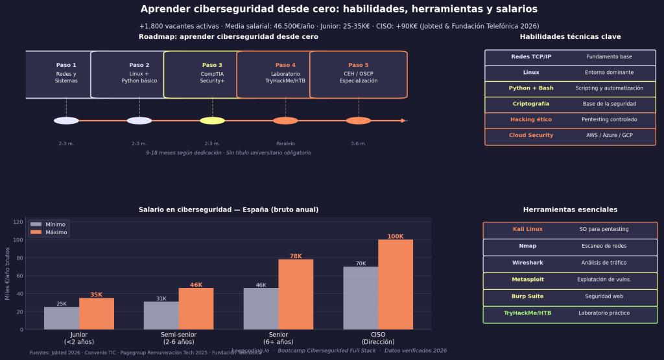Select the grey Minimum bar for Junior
(62, 318)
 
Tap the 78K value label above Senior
(296, 256)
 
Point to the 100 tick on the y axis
(19, 240)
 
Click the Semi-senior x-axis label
(178, 338)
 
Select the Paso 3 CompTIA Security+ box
(212, 75)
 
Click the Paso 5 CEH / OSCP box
(359, 75)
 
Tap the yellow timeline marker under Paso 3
(212, 121)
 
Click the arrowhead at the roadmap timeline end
(404, 121)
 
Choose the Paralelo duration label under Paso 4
(285, 143)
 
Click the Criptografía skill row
(570, 104)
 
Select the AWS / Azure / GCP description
(609, 135)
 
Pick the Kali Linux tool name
(527, 230)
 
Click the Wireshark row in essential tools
(570, 263)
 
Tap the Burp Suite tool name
(527, 296)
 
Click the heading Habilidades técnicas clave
(570, 37)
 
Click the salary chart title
(228, 210)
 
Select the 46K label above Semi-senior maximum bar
(196, 285)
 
